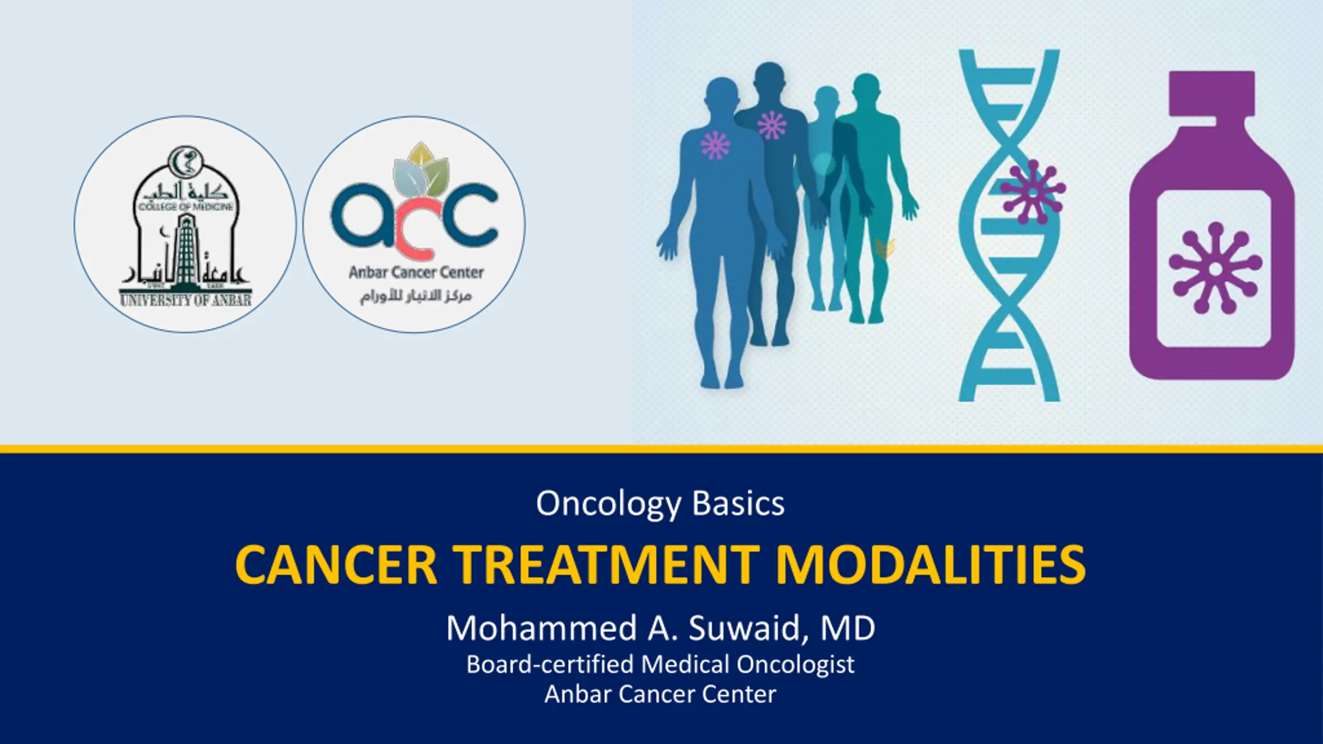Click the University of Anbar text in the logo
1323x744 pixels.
pyautogui.click(x=186, y=300)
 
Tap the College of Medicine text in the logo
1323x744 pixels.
pyautogui.click(x=186, y=207)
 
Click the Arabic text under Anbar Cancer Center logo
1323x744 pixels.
pyautogui.click(x=416, y=296)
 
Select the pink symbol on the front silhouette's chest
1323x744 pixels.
pyautogui.click(x=715, y=145)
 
